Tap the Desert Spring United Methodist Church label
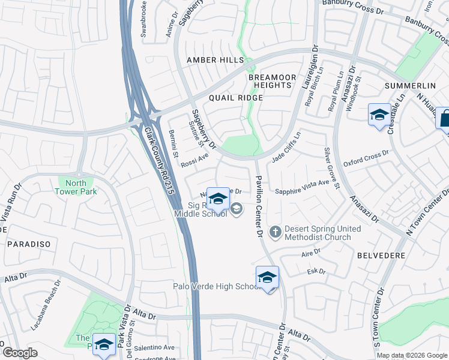point(322,233)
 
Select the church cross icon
point(276,231)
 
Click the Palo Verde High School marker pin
point(267,278)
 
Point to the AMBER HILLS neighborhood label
point(215,60)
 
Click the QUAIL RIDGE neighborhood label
point(236,98)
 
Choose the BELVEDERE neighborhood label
point(381,256)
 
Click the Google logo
point(20,353)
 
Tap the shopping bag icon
point(444,118)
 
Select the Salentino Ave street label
point(154,347)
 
